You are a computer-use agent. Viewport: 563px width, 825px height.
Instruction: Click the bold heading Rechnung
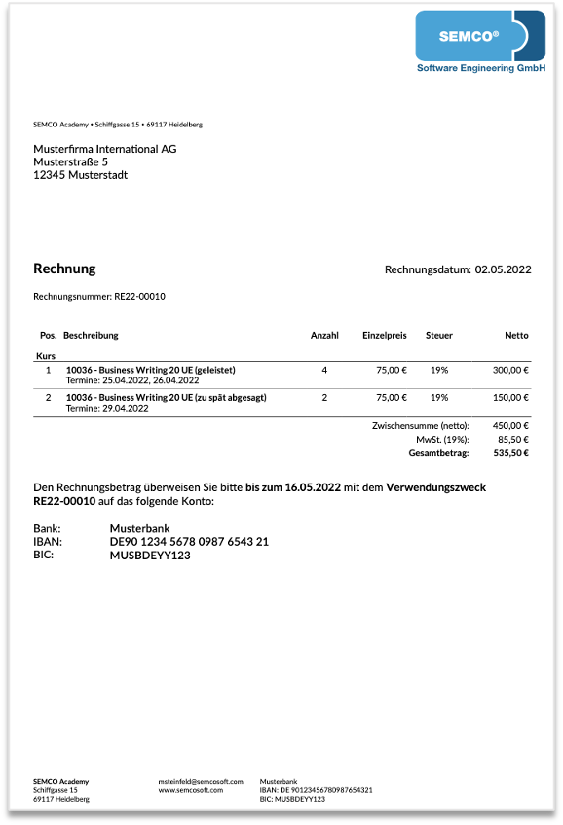(x=64, y=269)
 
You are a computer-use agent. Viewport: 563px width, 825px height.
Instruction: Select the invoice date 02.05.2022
(x=503, y=269)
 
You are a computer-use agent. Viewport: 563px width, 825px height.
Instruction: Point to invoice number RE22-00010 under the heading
(x=139, y=296)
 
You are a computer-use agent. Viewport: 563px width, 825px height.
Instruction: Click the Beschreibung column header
(x=91, y=335)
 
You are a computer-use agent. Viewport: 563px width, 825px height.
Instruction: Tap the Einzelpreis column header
(x=385, y=335)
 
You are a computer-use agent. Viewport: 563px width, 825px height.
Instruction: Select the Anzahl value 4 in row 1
(x=324, y=370)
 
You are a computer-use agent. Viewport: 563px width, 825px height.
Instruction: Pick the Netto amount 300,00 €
(x=510, y=370)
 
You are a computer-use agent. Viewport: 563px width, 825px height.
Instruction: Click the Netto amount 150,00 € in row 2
(x=510, y=397)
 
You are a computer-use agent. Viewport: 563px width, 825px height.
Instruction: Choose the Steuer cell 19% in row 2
(x=439, y=397)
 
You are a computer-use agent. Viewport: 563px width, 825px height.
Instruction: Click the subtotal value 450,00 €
(x=510, y=426)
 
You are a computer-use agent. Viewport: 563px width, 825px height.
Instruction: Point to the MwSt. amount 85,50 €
(x=513, y=440)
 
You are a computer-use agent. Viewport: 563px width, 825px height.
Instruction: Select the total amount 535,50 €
(x=510, y=453)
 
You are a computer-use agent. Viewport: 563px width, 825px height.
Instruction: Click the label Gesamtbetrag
(x=438, y=453)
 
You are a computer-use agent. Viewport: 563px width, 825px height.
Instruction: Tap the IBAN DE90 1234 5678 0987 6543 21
(x=189, y=541)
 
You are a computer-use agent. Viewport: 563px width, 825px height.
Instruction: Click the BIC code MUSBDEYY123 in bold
(x=150, y=555)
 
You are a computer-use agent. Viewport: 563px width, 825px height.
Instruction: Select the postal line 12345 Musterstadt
(x=80, y=175)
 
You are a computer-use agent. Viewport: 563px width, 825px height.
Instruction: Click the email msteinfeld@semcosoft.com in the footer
(x=200, y=781)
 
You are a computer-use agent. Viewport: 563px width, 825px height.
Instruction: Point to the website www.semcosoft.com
(x=191, y=790)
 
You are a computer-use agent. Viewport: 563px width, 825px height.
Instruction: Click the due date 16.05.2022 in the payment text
(x=313, y=486)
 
